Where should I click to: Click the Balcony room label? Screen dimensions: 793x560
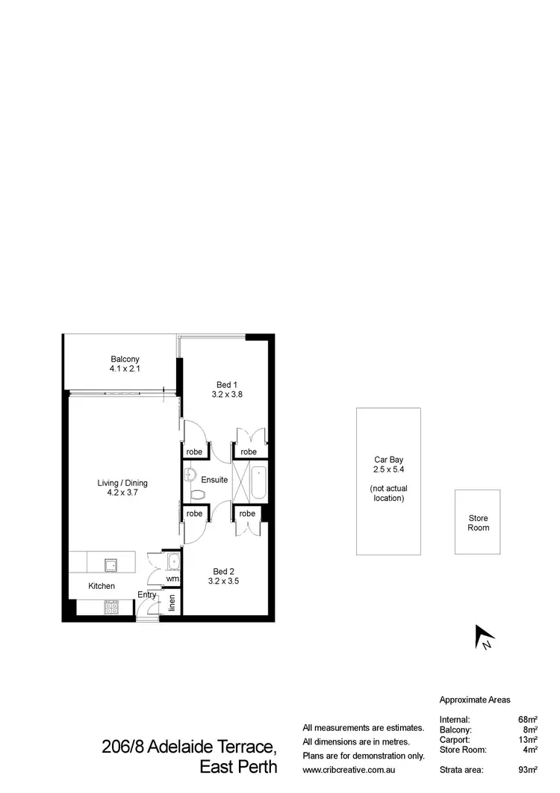[x=125, y=359]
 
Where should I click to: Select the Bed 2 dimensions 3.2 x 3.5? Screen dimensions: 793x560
[x=223, y=580]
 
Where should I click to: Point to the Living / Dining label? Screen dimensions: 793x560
[x=124, y=483]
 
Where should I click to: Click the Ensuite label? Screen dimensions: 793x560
[x=214, y=479]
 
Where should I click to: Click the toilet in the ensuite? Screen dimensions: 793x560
[x=197, y=494]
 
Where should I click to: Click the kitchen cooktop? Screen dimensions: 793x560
[x=110, y=608]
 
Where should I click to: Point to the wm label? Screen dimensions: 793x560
[x=172, y=578]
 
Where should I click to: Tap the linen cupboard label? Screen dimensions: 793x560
[x=172, y=602]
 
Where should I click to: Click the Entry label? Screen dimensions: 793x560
[x=147, y=595]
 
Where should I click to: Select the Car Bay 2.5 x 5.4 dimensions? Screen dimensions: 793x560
[x=388, y=470]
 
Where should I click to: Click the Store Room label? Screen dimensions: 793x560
[x=478, y=522]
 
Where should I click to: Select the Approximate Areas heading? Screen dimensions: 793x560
[x=475, y=700]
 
